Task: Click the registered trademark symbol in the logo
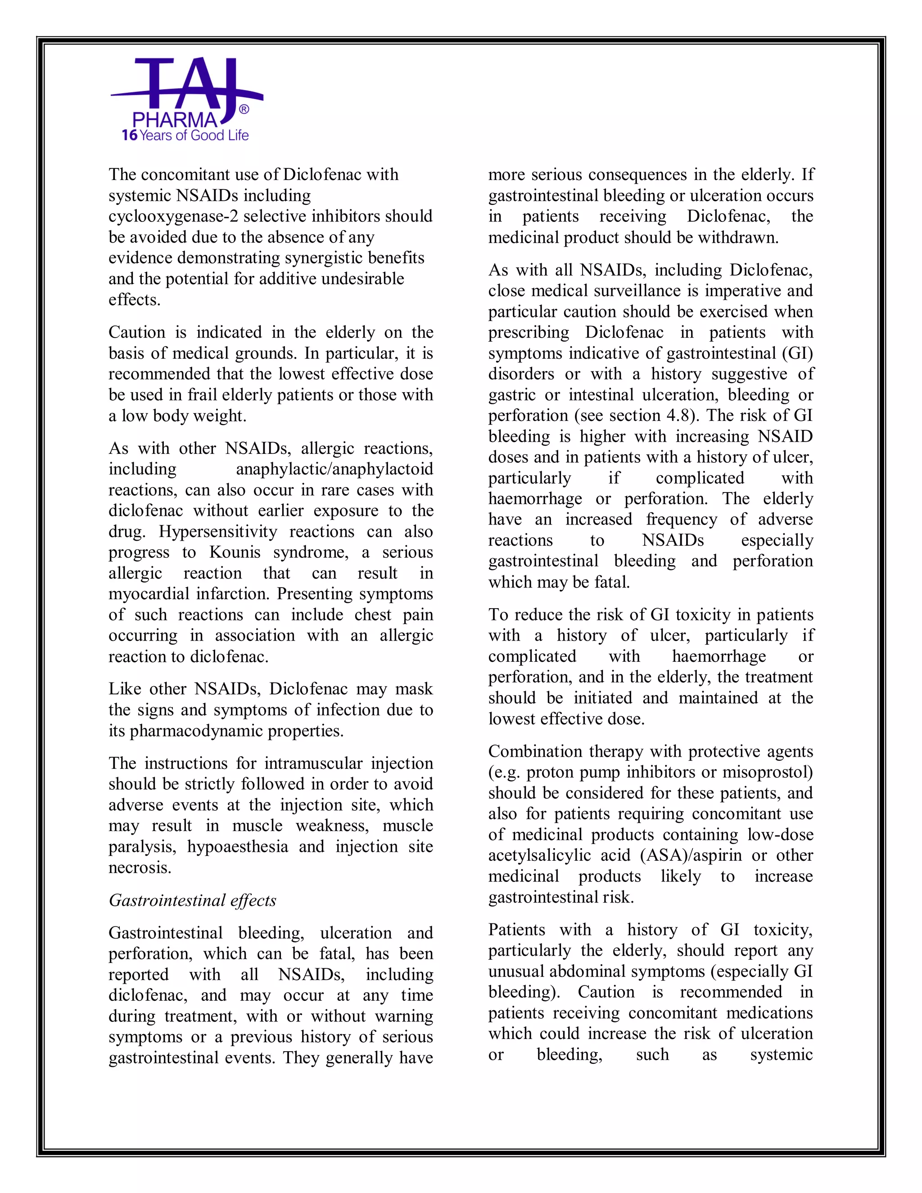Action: click(244, 109)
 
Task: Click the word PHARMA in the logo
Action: click(175, 120)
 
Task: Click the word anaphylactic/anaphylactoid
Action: click(334, 469)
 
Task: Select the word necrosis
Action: click(140, 868)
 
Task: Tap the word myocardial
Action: click(149, 594)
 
